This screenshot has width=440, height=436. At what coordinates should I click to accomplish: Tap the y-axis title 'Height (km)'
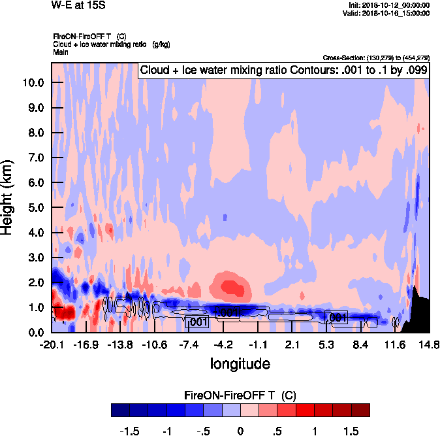point(8,197)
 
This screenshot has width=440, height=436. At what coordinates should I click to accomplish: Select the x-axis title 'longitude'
point(240,363)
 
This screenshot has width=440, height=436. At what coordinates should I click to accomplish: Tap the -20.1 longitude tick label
point(52,344)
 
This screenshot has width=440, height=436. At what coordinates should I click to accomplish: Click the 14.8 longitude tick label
point(429,344)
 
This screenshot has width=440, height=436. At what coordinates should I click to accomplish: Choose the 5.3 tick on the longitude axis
point(327,344)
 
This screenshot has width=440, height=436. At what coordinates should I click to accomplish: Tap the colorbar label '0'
point(240,431)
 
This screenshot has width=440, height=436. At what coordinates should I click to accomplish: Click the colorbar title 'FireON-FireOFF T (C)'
point(240,395)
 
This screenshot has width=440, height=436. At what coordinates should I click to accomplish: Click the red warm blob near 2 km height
point(230,286)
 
